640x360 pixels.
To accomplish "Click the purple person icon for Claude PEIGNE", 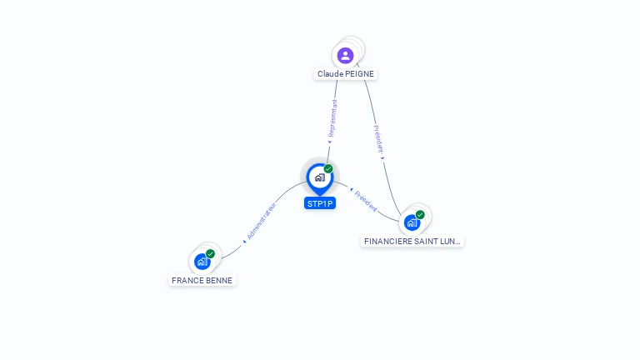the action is click(x=345, y=56).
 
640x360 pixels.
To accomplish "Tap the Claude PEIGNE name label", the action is click(x=345, y=74).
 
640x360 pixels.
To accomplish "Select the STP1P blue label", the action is click(x=320, y=203).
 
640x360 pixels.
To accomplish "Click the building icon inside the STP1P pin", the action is click(x=319, y=177).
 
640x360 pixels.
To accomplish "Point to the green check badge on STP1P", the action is click(x=328, y=169).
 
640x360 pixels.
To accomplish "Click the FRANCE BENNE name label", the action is click(x=202, y=281).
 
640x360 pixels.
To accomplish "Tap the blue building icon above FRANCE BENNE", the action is click(x=202, y=262).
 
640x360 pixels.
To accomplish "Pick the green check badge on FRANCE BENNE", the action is click(x=210, y=253).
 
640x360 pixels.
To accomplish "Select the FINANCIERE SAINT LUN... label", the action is click(x=412, y=241).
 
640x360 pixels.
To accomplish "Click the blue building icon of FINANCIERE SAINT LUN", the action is click(x=412, y=222).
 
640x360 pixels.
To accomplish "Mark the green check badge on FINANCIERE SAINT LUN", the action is click(x=420, y=215).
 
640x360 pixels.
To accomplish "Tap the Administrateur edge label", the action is click(x=260, y=221).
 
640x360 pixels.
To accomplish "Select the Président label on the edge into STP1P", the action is click(x=365, y=200).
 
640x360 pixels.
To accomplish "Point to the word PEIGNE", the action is click(x=358, y=74).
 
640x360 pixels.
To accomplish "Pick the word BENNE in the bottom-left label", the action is click(x=219, y=281).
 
